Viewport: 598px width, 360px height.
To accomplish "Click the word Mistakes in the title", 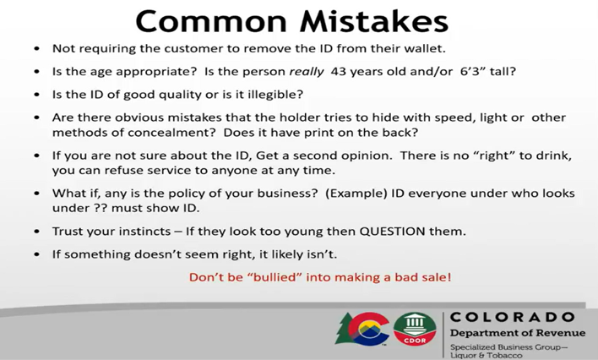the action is tap(373, 21).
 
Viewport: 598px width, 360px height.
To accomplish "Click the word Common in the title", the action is tap(211, 21).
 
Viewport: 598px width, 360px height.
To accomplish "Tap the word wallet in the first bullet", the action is tap(425, 49).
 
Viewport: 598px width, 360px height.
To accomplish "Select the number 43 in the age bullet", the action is tap(339, 72).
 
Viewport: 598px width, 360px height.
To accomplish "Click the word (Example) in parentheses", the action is tap(356, 194).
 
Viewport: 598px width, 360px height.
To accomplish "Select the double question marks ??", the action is tap(101, 208).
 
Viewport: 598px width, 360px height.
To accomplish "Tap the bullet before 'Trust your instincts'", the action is tap(36, 232).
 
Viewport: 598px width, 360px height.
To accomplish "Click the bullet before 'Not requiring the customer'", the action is tap(36, 49).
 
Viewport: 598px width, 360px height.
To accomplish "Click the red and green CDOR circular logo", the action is tap(415, 329).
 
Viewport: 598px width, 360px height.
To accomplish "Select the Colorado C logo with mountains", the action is tap(362, 329).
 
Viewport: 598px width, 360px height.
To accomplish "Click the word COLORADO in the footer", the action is tap(512, 317).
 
